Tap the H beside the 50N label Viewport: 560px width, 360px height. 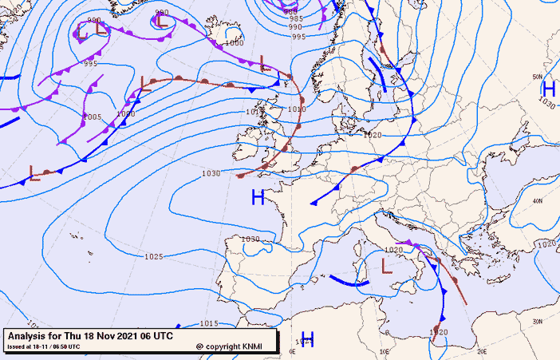[x=549, y=89]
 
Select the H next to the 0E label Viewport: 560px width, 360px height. [x=306, y=339]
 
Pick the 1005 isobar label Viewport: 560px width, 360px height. [x=93, y=117]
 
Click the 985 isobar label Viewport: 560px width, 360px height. [x=296, y=18]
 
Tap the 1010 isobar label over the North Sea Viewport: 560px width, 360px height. [x=296, y=109]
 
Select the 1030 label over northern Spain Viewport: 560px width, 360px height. [x=250, y=239]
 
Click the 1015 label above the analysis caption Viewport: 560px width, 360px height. [x=209, y=322]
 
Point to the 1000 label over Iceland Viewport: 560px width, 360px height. [x=235, y=43]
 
